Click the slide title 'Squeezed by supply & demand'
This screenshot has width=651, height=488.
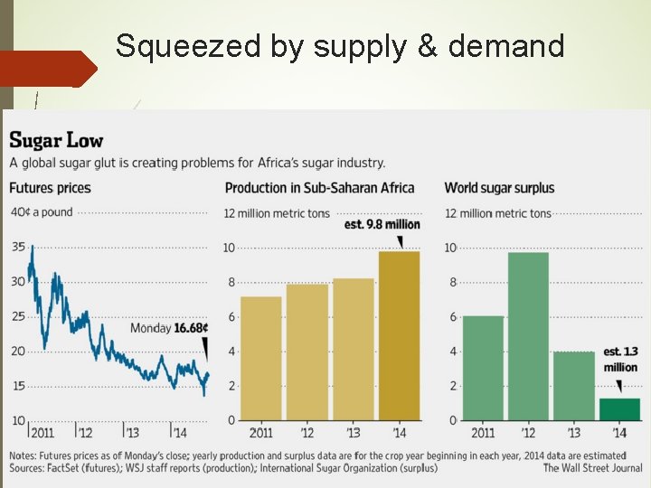click(340, 45)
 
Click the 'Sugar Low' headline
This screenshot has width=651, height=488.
click(56, 140)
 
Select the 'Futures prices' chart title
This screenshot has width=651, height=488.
click(50, 188)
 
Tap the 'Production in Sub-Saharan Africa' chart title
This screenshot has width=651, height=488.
click(319, 188)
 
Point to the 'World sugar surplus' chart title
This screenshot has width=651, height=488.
click(499, 188)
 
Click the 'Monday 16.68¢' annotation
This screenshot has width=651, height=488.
click(169, 328)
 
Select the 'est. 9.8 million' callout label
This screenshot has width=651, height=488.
click(382, 224)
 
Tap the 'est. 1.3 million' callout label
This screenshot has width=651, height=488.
click(620, 359)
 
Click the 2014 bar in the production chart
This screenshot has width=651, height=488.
click(399, 335)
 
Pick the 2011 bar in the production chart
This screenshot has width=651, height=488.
click(260, 358)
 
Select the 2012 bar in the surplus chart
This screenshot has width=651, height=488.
click(528, 336)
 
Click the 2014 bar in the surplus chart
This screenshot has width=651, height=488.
click(619, 408)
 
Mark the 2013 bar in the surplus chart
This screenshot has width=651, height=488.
click(573, 386)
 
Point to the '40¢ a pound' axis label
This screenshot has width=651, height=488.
click(42, 212)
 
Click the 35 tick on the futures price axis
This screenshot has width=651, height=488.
click(18, 247)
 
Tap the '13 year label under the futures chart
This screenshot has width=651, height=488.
click(131, 433)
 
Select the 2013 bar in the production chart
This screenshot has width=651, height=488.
click(353, 349)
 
